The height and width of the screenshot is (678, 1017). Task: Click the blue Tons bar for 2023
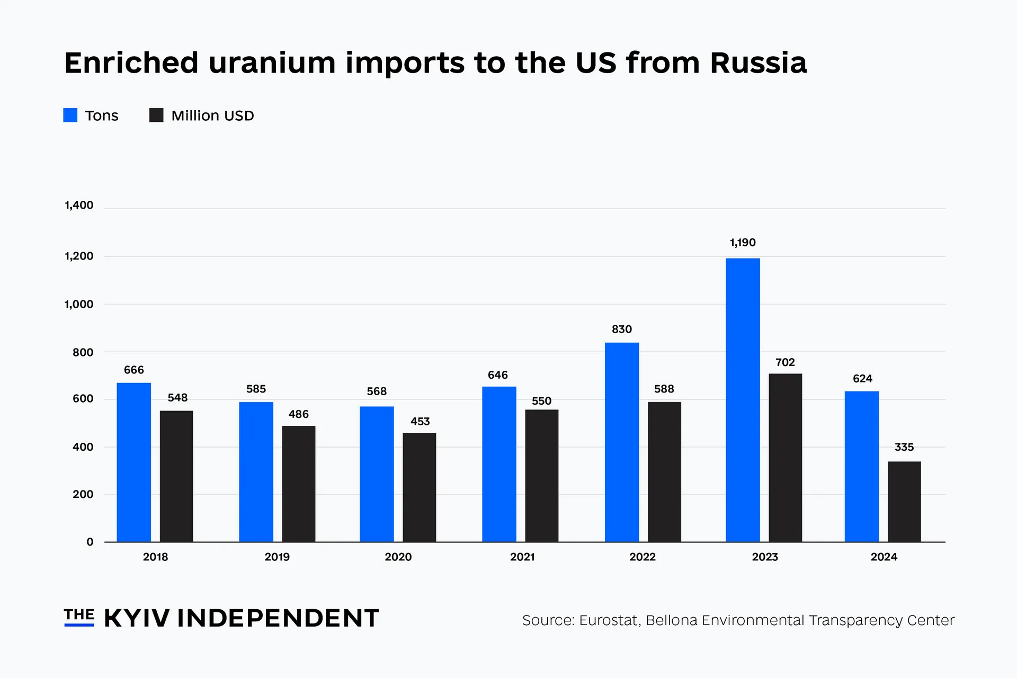(743, 400)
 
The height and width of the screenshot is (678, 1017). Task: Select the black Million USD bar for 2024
(904, 502)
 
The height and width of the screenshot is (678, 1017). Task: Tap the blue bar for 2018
(133, 462)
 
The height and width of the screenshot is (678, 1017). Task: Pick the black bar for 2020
(419, 487)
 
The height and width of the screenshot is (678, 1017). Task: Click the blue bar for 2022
(621, 442)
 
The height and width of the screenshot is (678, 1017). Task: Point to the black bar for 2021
(541, 476)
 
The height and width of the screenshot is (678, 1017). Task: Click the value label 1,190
(743, 243)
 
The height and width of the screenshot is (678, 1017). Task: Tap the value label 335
(904, 447)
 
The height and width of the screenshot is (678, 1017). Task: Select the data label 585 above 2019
(256, 389)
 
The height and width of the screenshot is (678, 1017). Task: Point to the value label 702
(785, 362)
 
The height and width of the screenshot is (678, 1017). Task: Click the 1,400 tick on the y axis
(79, 206)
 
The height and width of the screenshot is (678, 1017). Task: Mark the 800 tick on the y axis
(83, 353)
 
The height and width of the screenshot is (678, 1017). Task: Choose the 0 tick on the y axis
(90, 542)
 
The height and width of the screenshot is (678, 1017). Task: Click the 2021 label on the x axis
(522, 557)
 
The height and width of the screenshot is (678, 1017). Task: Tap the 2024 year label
(884, 557)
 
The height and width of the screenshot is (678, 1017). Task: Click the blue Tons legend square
(70, 115)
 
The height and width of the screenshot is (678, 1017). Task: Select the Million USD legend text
(212, 115)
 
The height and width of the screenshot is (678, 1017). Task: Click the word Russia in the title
(758, 63)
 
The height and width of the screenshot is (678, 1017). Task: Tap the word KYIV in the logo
(137, 618)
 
